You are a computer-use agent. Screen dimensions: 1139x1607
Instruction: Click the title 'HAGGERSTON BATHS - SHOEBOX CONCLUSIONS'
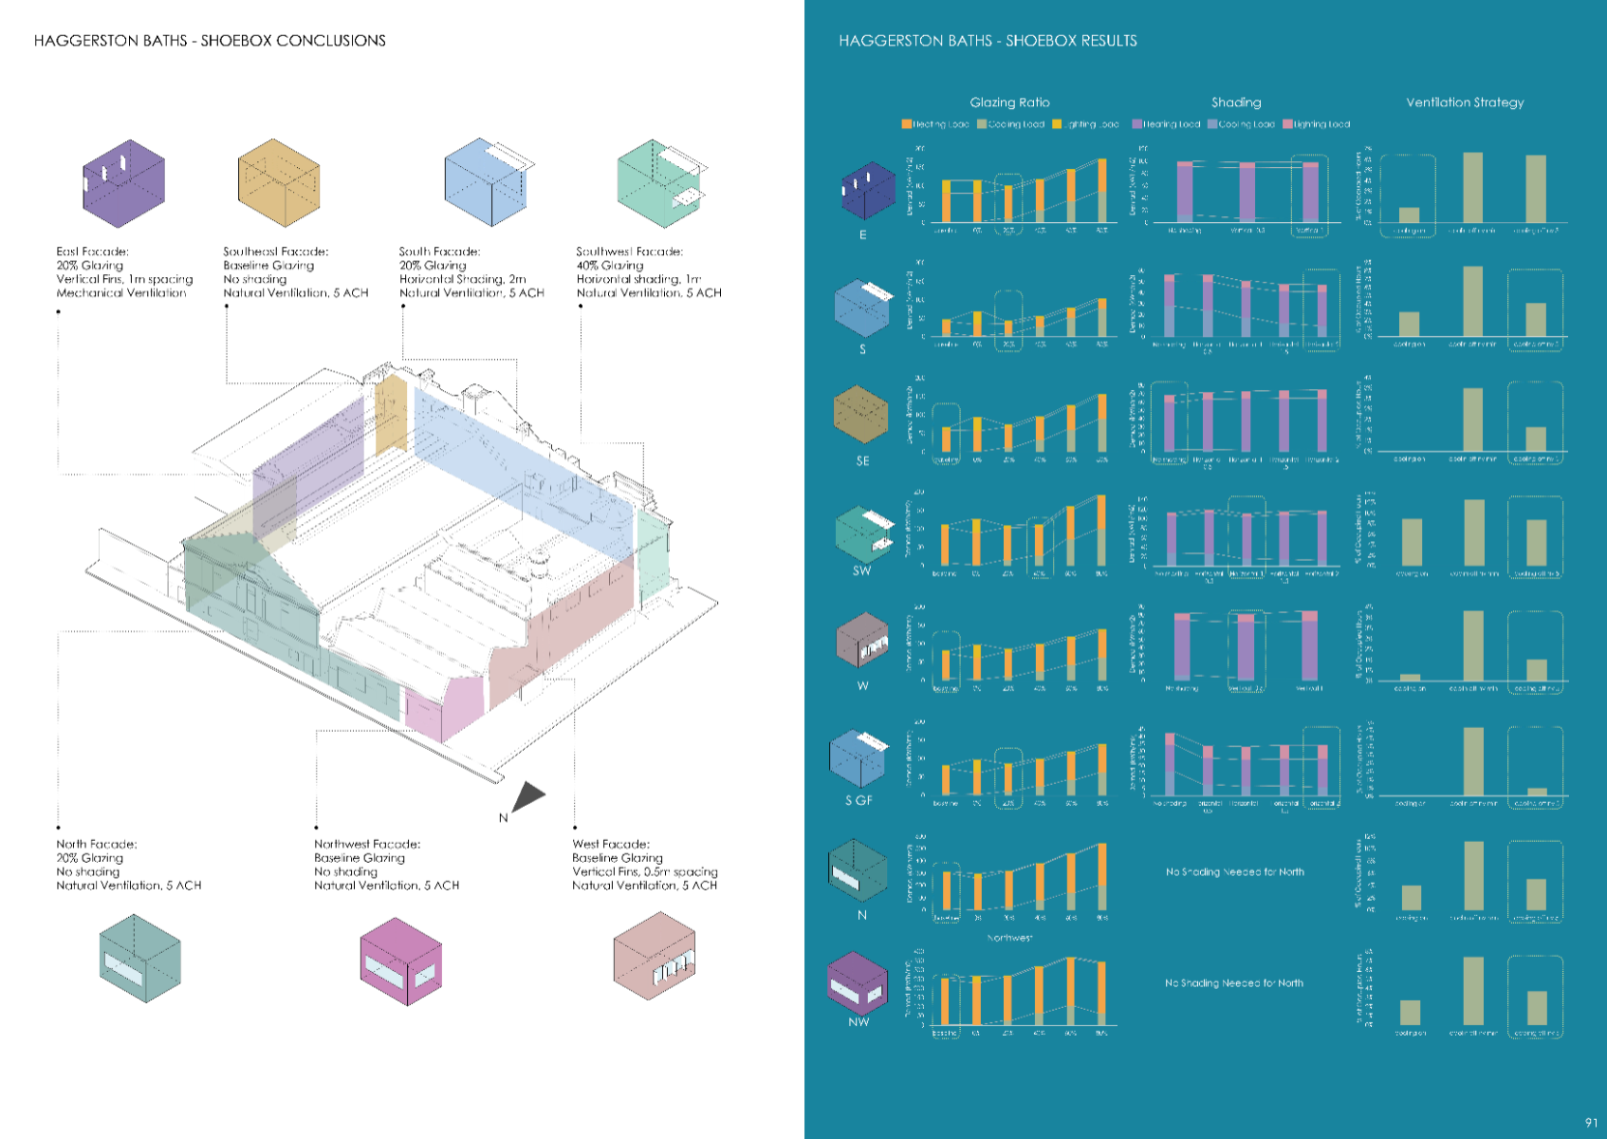point(210,41)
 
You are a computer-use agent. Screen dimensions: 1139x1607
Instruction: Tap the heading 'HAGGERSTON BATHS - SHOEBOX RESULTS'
point(988,41)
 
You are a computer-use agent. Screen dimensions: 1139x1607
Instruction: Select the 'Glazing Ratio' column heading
point(1009,103)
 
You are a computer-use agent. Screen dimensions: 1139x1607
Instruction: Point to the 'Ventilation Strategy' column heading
point(1465,103)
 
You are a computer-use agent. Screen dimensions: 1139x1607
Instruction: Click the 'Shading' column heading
point(1236,103)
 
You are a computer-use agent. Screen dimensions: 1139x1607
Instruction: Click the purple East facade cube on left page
point(123,183)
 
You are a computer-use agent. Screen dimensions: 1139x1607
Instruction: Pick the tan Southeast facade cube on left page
point(278,183)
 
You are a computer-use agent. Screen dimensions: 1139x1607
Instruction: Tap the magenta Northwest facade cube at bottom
point(400,961)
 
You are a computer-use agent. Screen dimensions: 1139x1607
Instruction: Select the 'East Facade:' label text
point(92,252)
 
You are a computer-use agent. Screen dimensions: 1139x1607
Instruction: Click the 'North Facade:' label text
point(96,844)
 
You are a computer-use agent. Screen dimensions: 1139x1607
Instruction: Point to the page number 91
point(1591,1122)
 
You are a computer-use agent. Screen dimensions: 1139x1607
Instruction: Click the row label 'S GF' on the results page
point(859,800)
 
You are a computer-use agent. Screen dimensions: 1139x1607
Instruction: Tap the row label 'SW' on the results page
point(861,570)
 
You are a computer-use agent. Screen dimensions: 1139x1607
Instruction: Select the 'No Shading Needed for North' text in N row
point(1234,871)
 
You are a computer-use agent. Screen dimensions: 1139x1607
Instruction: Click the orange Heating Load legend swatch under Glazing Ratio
point(906,124)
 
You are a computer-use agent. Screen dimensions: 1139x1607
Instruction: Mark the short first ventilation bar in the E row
point(1410,215)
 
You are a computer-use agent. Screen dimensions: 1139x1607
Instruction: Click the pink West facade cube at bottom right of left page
point(654,956)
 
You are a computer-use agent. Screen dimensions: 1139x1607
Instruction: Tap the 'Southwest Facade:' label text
point(629,252)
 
